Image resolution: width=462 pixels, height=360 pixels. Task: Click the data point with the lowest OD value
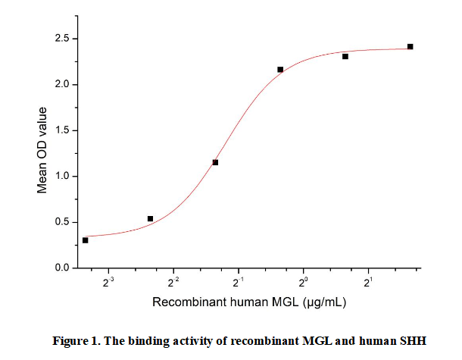tap(85, 240)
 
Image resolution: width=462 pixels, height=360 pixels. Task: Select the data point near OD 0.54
tap(150, 218)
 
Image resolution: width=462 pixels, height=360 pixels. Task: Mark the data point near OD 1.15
tap(215, 162)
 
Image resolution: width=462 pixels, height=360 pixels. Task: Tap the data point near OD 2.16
tap(280, 70)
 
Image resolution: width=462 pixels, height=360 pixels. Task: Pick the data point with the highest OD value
tap(410, 46)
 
